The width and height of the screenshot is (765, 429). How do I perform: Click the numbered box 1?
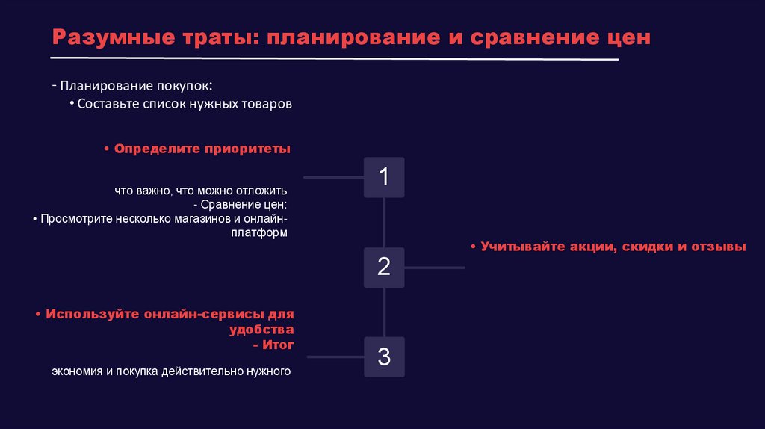pos(384,177)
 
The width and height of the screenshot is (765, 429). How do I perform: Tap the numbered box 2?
pos(384,267)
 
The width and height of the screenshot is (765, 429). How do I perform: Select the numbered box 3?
pos(384,357)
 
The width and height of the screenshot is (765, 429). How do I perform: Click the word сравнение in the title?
pos(533,37)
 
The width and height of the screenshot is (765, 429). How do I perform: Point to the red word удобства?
pos(261,329)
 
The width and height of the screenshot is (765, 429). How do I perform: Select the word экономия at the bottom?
pos(77,371)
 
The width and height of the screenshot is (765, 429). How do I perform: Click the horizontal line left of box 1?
pos(333,178)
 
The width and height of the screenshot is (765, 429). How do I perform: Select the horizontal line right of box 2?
pos(435,267)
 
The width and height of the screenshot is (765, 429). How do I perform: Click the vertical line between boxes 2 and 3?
pos(384,312)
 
